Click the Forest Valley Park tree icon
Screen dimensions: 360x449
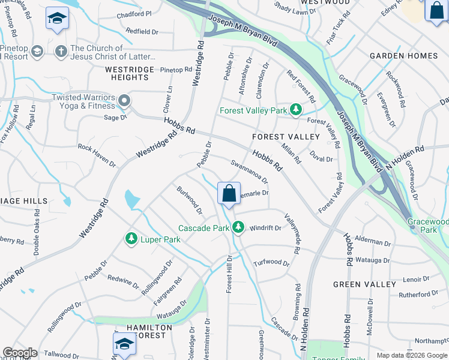(295, 110)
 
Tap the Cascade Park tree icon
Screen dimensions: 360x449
(238, 227)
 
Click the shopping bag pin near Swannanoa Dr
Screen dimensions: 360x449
(229, 194)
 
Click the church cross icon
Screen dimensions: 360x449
(60, 51)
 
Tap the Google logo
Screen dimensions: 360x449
(20, 353)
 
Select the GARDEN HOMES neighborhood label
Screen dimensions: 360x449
(403, 56)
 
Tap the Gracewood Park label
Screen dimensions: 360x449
(429, 226)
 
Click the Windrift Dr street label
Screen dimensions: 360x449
(265, 228)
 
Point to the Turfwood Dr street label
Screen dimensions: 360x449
(271, 262)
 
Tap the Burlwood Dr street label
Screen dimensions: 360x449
(189, 200)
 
